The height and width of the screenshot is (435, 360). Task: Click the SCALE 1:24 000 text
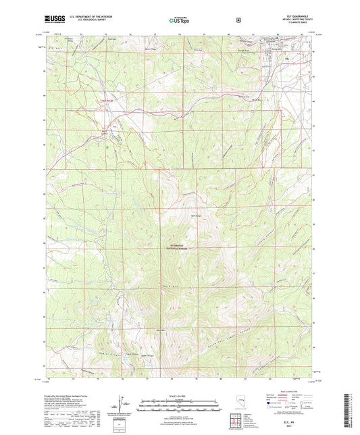179,395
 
